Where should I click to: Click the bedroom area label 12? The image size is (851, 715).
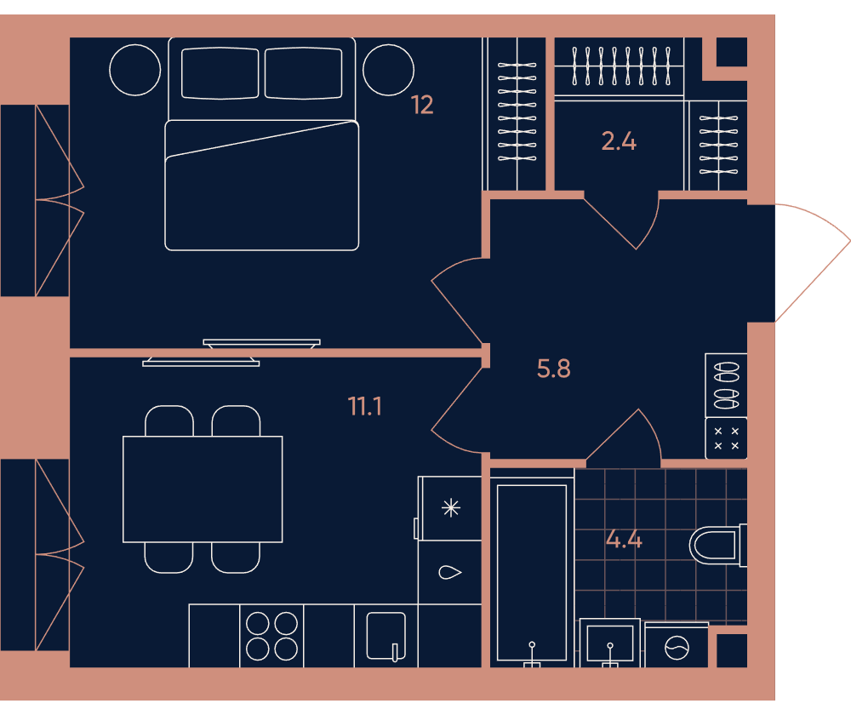422,105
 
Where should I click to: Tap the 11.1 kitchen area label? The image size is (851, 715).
365,406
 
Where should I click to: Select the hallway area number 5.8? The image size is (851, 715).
554,369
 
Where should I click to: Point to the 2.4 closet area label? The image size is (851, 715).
619,141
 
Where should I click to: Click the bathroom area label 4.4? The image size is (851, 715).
624,540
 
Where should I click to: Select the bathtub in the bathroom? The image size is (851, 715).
532,572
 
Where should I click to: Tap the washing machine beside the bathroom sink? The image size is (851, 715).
677,645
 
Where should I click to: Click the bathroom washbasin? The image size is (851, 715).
610,643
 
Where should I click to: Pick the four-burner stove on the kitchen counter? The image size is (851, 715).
271,636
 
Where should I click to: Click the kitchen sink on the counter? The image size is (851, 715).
386,636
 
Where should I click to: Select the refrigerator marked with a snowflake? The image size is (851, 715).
450,508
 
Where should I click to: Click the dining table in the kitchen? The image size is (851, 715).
203,489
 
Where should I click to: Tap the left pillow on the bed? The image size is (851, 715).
220,73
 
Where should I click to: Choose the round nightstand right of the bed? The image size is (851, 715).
389,70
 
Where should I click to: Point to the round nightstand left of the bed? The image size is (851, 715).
135,70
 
